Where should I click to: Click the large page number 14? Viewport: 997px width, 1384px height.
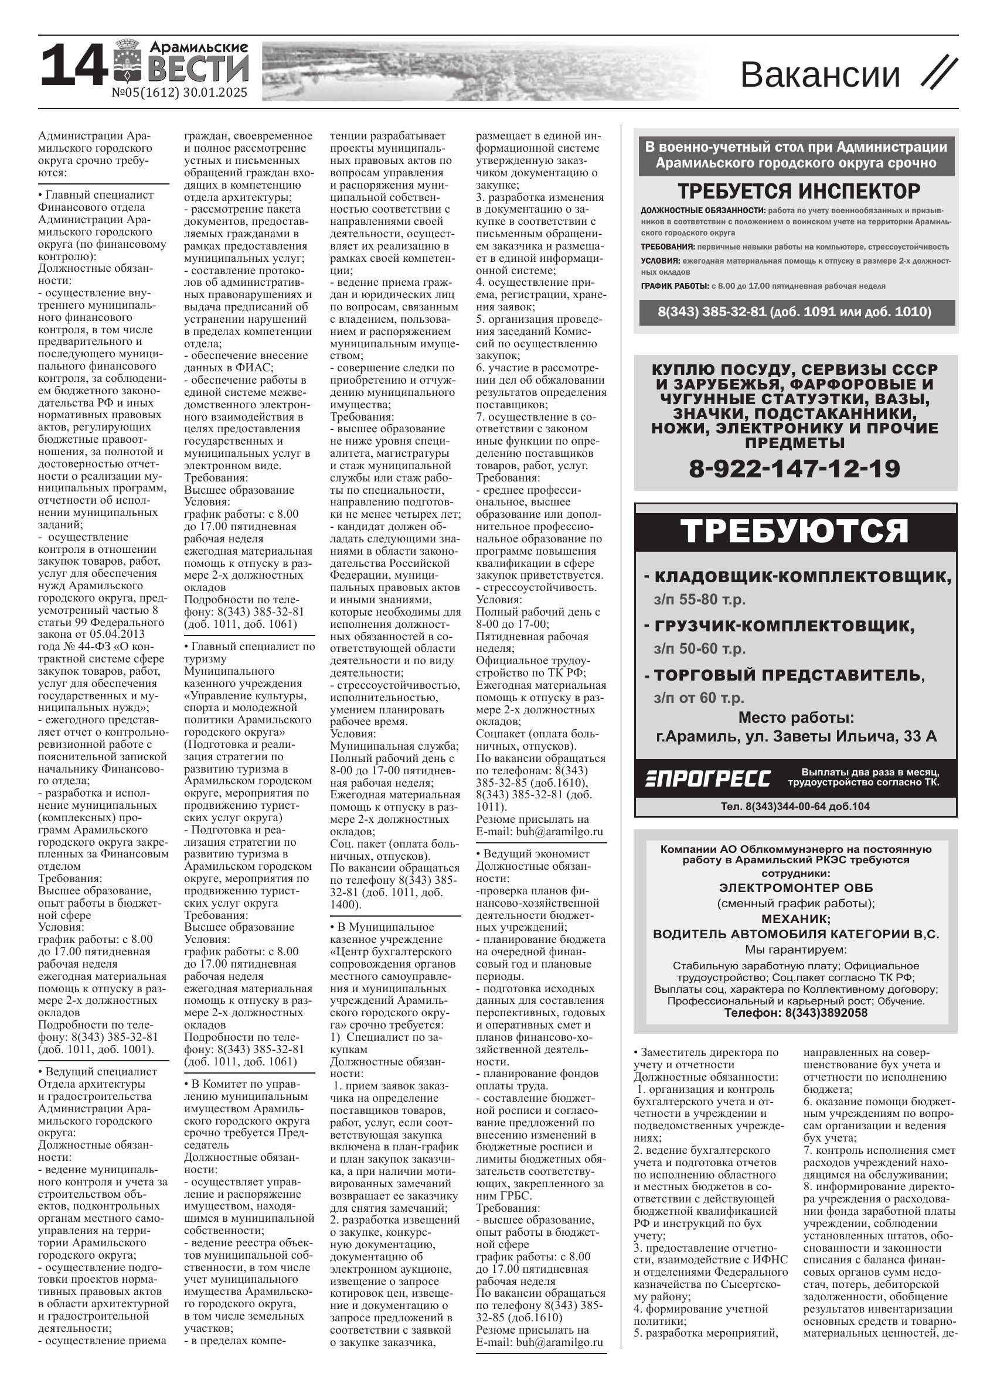tap(72, 66)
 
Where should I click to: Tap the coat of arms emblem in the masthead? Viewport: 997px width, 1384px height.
tap(127, 61)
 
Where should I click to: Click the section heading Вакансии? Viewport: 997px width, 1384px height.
tap(820, 75)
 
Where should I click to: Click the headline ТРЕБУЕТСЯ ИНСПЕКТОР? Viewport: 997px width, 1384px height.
tap(798, 192)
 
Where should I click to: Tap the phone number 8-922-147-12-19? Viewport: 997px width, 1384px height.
tap(794, 469)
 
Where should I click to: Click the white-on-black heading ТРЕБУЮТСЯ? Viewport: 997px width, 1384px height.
tap(794, 531)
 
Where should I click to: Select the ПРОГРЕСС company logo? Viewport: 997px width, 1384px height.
tap(707, 778)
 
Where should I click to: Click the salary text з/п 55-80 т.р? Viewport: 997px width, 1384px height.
tap(699, 599)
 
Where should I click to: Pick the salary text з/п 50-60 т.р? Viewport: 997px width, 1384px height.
tap(699, 649)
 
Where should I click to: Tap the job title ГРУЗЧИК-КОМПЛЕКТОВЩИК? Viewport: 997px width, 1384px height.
tap(784, 626)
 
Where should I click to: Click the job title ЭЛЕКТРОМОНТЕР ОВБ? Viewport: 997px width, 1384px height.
tap(795, 888)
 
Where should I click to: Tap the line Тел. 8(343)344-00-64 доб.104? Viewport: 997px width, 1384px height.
tap(795, 806)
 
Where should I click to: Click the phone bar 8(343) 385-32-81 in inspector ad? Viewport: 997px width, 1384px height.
tap(794, 312)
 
